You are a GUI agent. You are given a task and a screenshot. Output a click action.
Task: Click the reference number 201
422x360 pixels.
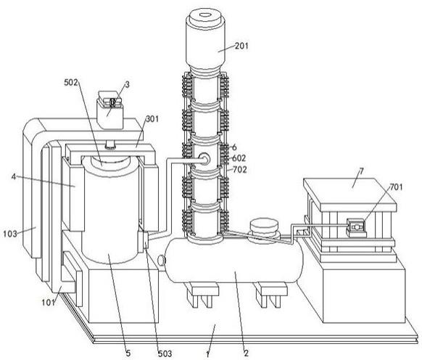[241, 46]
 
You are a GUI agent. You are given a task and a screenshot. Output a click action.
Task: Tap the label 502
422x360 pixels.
[71, 83]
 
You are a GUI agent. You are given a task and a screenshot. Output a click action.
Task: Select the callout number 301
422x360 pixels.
[152, 119]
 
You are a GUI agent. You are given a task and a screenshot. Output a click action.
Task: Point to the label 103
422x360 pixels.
[10, 234]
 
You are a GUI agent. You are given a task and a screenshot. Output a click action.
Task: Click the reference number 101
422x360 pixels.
[49, 303]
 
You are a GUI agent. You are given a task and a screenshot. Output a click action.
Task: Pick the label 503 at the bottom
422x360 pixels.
[165, 353]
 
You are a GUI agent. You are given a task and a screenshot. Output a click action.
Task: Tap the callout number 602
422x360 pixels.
[239, 158]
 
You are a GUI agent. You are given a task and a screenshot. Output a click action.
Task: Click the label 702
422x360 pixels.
[240, 170]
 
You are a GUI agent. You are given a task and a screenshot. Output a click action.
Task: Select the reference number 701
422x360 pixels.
[396, 187]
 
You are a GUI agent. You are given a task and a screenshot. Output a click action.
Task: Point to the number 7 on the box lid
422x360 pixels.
[362, 171]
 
